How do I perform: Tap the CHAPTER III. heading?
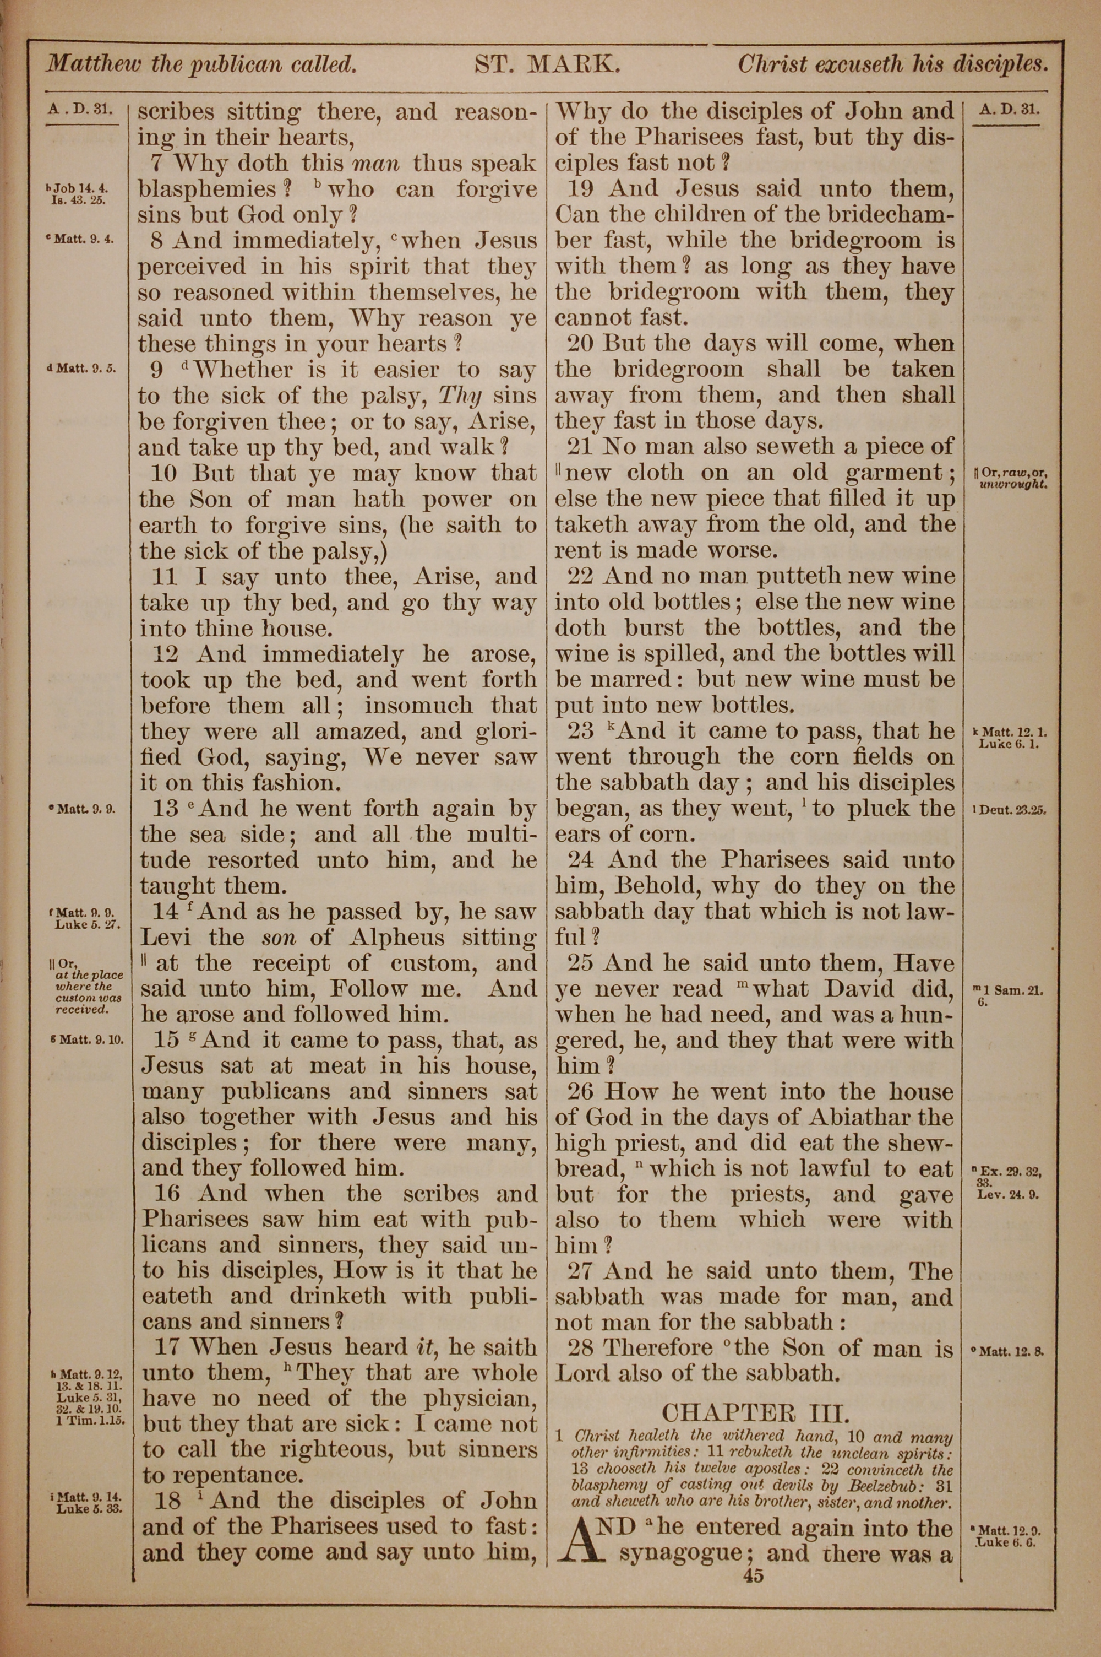tap(755, 1411)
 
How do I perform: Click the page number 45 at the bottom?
tap(752, 1575)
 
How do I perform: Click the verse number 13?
tap(165, 809)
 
